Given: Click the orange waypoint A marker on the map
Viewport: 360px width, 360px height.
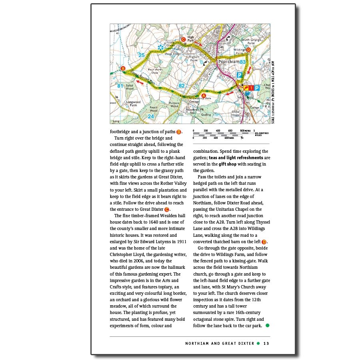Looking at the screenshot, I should (203, 96).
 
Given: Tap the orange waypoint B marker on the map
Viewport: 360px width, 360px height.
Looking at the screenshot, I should (123, 68).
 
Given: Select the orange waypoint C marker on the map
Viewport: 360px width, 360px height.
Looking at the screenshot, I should (183, 39).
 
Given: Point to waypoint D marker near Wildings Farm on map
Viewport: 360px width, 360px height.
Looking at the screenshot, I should (248, 50).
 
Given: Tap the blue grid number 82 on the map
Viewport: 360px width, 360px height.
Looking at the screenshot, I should (182, 86).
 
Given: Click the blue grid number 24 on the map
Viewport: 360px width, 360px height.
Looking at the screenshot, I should (150, 116).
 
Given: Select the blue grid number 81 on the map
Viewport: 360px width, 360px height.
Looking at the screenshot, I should (120, 86).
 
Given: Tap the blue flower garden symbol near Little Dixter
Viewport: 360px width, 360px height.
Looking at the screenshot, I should (161, 47).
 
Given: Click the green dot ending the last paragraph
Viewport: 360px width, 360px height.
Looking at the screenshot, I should (267, 325).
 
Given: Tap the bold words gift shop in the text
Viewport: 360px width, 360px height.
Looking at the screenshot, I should (227, 164).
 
